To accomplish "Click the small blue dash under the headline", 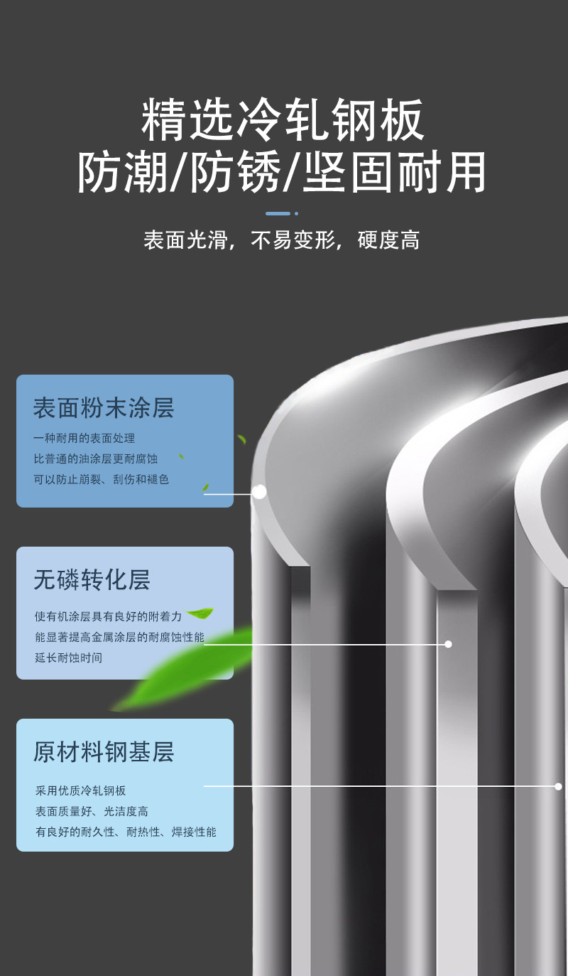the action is (x=278, y=213).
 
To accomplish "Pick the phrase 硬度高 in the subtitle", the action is (x=388, y=240).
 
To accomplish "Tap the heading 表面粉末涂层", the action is (x=104, y=408).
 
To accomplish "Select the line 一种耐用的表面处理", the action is (x=84, y=439).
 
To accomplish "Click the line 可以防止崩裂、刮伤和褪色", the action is (x=101, y=480).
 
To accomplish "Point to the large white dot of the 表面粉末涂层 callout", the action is (x=259, y=491).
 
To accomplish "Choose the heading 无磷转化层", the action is (x=92, y=580).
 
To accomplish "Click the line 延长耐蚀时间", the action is (x=68, y=658).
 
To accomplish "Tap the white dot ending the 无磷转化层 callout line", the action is (x=448, y=644).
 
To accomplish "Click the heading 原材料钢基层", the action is (x=104, y=752).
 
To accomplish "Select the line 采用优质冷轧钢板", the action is (x=81, y=791).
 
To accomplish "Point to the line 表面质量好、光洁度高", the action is (x=92, y=812).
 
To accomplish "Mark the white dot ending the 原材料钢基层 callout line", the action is (x=558, y=786).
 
